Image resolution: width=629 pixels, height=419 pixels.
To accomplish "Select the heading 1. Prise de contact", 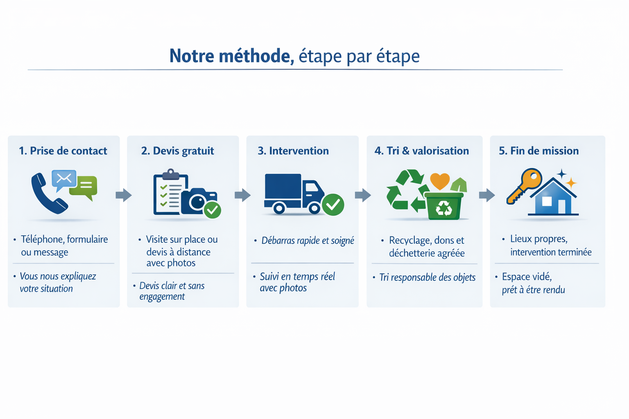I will [63, 151].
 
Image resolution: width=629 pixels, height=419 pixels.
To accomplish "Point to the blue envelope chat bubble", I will [64, 179].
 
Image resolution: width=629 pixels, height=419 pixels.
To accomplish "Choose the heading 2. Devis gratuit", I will [177, 151].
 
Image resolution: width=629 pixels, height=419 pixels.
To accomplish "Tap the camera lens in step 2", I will [197, 202].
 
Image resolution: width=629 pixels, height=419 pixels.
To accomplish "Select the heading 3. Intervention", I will [293, 151].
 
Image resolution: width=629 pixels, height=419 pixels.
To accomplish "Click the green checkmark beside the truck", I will [333, 204].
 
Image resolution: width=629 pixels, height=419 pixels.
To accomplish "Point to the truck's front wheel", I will [314, 208].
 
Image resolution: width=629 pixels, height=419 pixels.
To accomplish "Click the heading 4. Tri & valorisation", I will [422, 151].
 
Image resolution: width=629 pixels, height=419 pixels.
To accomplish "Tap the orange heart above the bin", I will [440, 180].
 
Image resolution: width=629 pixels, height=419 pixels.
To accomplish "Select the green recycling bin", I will [443, 206].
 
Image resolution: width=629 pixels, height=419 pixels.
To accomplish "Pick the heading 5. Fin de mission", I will [538, 151].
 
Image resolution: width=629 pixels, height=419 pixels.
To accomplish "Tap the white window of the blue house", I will [547, 201].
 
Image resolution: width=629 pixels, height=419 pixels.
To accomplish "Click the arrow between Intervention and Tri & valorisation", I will [363, 195].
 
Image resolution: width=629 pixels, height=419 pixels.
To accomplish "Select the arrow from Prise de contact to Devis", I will [123, 195].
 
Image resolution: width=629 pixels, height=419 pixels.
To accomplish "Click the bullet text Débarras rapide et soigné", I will [308, 241].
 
